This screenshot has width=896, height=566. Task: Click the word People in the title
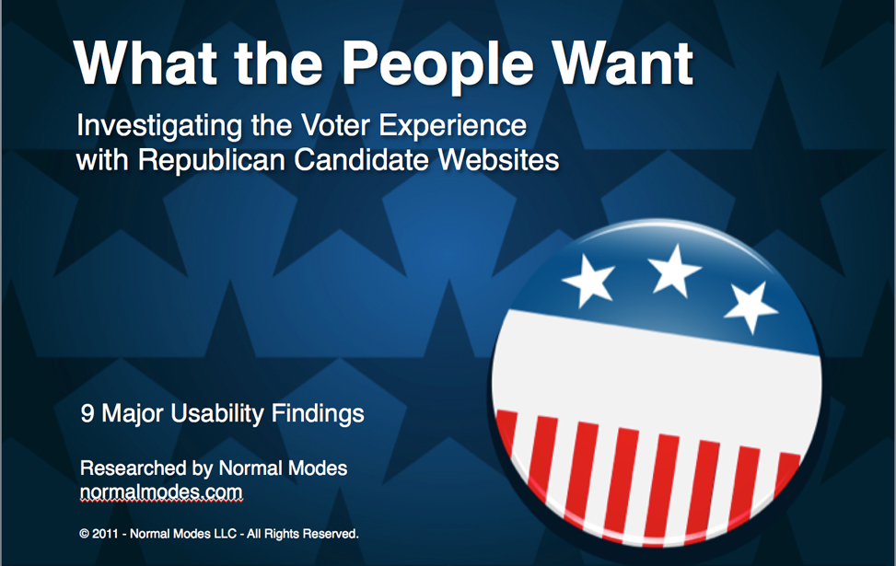(x=437, y=65)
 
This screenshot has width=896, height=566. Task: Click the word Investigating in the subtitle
(x=159, y=127)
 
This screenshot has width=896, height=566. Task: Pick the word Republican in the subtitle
(x=212, y=160)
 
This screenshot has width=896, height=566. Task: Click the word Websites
(x=498, y=159)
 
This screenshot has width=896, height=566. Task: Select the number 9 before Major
(x=87, y=413)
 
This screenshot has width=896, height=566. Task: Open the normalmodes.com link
(x=161, y=491)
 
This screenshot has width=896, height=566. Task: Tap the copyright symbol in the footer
(x=85, y=534)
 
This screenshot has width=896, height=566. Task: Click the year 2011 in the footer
(x=105, y=534)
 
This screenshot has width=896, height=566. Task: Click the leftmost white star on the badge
(x=589, y=281)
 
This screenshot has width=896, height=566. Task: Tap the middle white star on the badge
(x=674, y=271)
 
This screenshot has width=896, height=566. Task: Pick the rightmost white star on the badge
(x=751, y=306)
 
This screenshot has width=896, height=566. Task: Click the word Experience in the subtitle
(x=452, y=127)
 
